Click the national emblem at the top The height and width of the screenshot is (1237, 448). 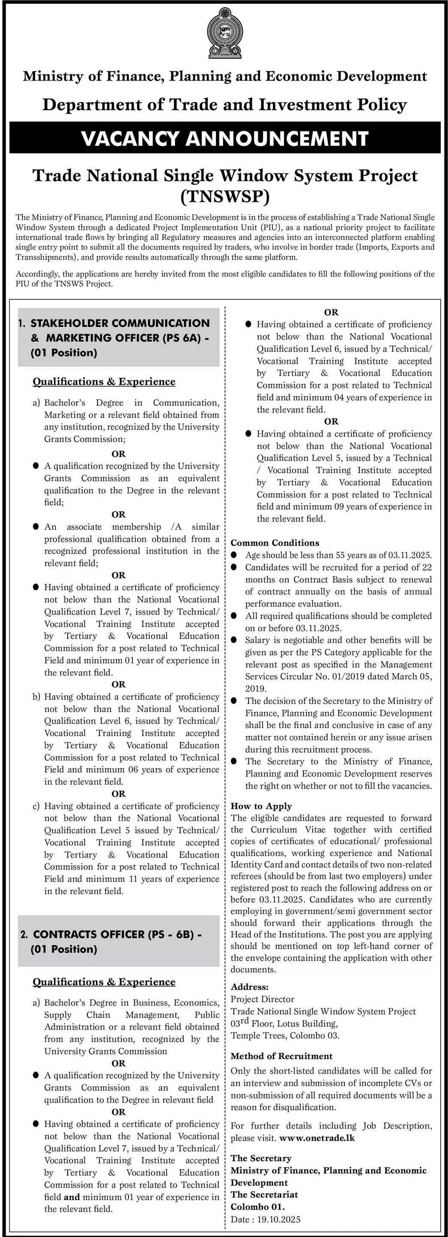coord(224,33)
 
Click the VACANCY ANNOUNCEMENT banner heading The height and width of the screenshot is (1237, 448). coord(224,138)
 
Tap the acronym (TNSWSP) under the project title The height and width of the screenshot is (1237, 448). coord(224,196)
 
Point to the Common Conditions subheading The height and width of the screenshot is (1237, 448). coord(275,543)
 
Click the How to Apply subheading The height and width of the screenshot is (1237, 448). coord(261,806)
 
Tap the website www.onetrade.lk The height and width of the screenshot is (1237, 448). coord(317,1137)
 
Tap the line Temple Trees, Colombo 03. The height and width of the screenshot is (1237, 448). coord(285,1035)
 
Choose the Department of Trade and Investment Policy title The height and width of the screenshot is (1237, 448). coord(224,105)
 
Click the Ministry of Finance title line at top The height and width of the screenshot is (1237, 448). coord(224,76)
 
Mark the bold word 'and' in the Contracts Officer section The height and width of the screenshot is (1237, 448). coord(72,1197)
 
